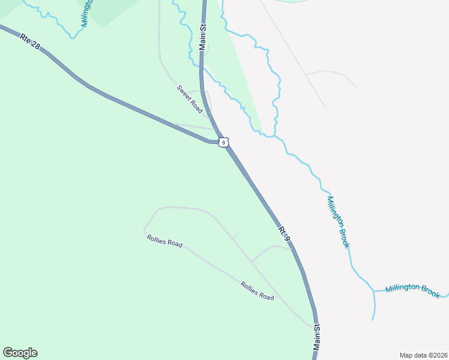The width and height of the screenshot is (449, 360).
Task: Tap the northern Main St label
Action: [203, 37]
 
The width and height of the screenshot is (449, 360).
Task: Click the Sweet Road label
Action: [189, 98]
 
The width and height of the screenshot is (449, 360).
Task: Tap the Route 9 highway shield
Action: [223, 142]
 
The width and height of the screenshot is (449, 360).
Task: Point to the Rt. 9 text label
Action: [285, 235]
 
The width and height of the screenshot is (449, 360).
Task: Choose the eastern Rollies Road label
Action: [257, 291]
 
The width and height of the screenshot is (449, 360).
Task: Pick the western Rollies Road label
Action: [164, 241]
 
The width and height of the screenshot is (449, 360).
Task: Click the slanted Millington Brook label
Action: [339, 221]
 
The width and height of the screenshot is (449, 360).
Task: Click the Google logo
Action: [20, 353]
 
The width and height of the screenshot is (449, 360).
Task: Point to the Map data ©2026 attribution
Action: [423, 355]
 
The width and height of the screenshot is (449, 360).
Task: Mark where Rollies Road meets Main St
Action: [312, 325]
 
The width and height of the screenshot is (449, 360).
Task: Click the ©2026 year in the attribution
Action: [436, 355]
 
